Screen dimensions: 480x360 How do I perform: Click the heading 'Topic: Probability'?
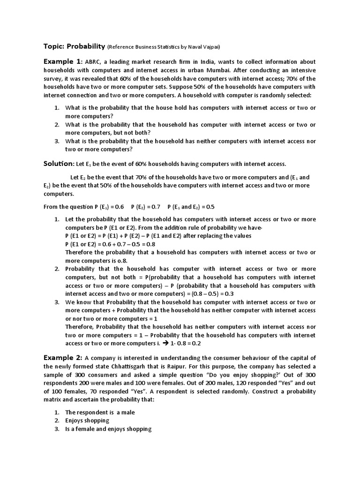(x=75, y=46)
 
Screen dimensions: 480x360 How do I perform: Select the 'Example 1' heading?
(x=62, y=62)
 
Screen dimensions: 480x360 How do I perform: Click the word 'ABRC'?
(x=94, y=62)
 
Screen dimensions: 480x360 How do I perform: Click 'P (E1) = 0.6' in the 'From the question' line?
(x=109, y=207)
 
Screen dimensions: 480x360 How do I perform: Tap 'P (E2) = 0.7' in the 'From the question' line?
(x=146, y=207)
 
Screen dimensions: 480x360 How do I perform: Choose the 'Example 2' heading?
(x=63, y=358)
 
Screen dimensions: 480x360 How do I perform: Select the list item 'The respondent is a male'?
(x=100, y=412)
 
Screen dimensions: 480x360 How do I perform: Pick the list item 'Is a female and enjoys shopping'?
(x=108, y=429)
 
